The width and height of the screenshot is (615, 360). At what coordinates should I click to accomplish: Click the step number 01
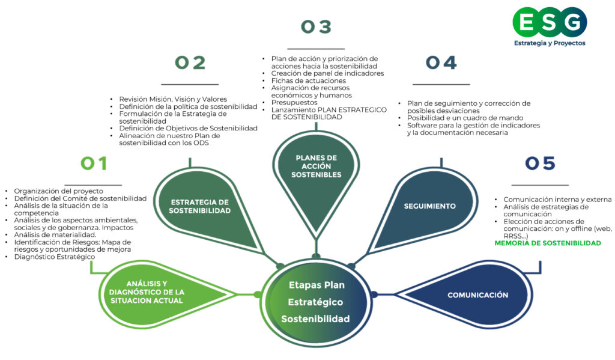click(94, 163)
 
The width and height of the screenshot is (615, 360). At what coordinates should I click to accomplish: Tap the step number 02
click(190, 63)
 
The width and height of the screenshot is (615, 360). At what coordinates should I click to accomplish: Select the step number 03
click(316, 27)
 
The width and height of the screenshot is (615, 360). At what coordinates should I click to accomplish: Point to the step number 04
click(441, 63)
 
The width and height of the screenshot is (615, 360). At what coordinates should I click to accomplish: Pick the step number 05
click(540, 163)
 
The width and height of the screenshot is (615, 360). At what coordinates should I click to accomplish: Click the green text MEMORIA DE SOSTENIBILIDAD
click(547, 243)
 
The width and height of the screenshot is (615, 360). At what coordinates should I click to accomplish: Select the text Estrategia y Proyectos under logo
click(549, 43)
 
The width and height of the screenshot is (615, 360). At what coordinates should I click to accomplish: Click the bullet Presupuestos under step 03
click(294, 103)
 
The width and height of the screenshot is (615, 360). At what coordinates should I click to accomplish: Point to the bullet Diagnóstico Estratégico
click(55, 257)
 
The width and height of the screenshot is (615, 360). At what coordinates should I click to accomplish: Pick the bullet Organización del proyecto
click(58, 191)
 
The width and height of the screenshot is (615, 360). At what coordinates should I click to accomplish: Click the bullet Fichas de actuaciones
click(308, 81)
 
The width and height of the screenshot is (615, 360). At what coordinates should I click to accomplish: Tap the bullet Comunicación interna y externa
click(557, 200)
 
